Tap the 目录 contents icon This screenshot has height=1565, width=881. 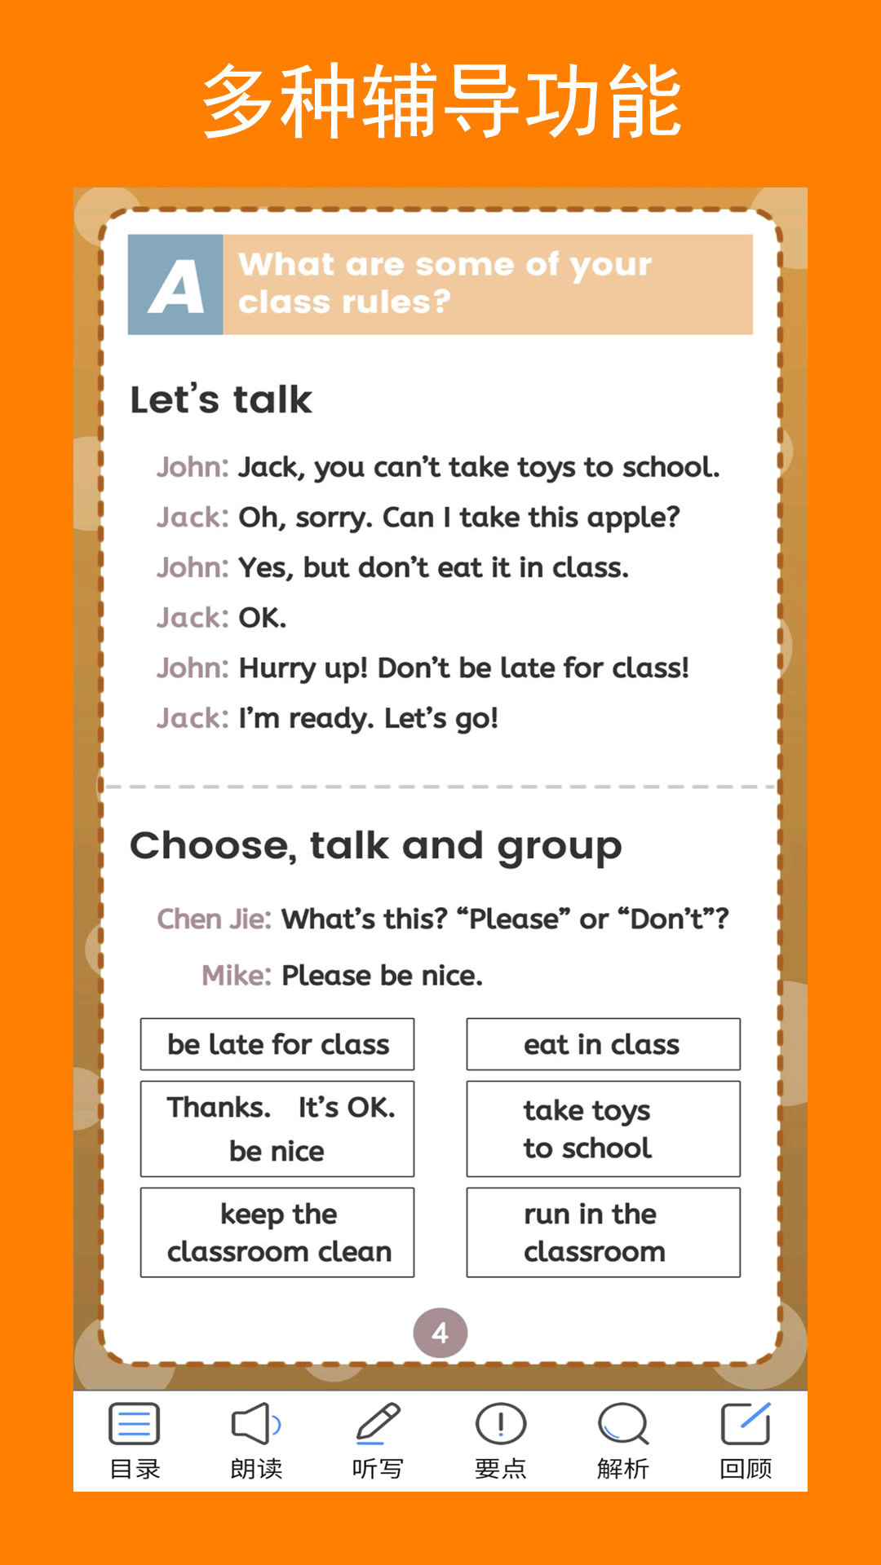coord(135,1424)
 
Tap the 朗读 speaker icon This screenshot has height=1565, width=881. coord(256,1424)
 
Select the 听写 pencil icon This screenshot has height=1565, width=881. coord(378,1424)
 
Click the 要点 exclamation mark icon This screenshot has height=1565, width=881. coord(500,1424)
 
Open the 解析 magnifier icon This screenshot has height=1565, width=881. coord(622,1424)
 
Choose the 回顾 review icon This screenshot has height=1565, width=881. coord(746,1424)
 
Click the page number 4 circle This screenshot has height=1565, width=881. coord(440,1334)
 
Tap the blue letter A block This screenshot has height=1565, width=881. coord(175,285)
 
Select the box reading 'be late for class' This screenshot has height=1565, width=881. coord(277,1044)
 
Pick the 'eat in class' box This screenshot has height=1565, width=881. coord(603,1044)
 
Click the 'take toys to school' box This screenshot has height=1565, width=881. coord(603,1129)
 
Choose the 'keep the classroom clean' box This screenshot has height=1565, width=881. coord(277,1232)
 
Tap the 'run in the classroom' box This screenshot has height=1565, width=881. coord(603,1232)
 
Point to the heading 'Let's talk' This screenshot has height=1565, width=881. coord(221,400)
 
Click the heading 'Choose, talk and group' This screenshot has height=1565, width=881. coord(375,846)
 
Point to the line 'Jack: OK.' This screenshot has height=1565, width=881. coord(222,618)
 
